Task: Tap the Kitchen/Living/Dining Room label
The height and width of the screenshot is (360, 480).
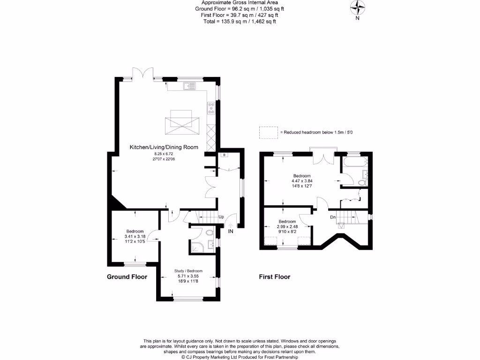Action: (164, 147)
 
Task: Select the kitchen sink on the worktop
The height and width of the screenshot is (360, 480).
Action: (189, 86)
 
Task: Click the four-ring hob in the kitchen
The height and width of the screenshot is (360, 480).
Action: (211, 108)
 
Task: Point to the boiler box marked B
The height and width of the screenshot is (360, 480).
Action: (225, 155)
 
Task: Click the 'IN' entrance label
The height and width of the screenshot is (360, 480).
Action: (231, 232)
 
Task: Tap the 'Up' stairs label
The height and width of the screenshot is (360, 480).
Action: (221, 217)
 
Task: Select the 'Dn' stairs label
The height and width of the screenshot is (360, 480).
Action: (333, 217)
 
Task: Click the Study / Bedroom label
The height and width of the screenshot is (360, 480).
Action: (188, 271)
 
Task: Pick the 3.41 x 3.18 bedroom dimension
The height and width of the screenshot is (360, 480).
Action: (135, 237)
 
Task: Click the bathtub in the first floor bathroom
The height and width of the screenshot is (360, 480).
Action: (355, 162)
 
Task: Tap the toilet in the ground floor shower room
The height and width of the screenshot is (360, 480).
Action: (210, 232)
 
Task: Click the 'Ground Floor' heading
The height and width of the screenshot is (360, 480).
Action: (127, 277)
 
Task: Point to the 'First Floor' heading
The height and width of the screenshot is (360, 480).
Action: (275, 277)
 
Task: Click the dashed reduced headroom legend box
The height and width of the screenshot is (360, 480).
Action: (269, 133)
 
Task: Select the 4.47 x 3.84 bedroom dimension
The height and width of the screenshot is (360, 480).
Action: (302, 181)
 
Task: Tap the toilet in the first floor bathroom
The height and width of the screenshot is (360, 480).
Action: (362, 183)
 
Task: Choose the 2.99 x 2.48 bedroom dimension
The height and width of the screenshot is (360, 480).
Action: (287, 226)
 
